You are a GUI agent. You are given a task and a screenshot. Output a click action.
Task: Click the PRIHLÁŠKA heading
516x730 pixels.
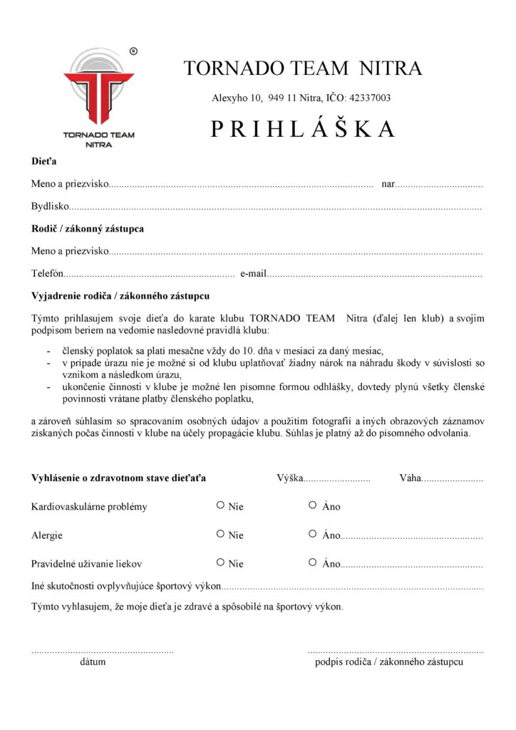[302, 128]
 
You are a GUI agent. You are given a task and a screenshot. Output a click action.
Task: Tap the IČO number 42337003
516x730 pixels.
[367, 98]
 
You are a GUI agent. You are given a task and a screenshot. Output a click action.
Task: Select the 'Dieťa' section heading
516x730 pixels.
[43, 162]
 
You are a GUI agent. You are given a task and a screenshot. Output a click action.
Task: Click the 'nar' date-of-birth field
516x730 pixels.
[438, 185]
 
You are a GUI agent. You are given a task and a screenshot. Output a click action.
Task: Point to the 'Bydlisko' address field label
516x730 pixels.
[50, 207]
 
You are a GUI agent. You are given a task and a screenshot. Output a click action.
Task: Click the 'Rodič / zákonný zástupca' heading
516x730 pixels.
[88, 229]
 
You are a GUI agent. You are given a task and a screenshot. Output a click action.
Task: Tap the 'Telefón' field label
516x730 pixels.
[48, 274]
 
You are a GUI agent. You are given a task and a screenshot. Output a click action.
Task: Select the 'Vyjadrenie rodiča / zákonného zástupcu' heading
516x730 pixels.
[120, 296]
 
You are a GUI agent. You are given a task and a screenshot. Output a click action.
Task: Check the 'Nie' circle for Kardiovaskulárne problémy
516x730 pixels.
[221, 505]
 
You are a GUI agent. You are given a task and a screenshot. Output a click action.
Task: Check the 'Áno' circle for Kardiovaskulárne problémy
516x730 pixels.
[313, 505]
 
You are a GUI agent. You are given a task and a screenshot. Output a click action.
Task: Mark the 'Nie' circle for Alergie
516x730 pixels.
[221, 534]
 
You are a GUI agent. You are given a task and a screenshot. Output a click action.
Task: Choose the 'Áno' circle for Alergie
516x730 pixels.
[313, 534]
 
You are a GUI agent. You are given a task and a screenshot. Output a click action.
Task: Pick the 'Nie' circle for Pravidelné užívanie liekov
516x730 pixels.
[221, 562]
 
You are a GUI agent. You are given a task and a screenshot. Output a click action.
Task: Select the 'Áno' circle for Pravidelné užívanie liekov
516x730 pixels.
[313, 562]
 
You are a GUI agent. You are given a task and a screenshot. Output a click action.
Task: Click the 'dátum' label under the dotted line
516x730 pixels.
[93, 662]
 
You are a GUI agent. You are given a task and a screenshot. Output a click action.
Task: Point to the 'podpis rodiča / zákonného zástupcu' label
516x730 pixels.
[389, 662]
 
